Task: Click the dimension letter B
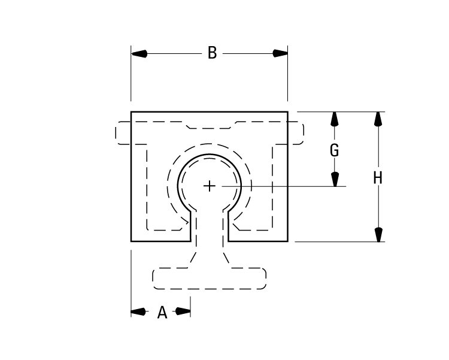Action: point(212,53)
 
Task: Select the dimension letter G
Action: point(335,150)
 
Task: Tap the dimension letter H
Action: point(377,177)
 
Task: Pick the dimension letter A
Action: point(162,312)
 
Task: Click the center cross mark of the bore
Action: point(210,186)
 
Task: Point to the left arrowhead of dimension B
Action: point(139,53)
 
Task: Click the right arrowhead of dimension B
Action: point(280,53)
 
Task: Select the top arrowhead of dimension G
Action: point(335,119)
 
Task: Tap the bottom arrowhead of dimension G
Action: point(335,179)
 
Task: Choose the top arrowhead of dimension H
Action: point(377,119)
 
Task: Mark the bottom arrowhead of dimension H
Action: point(377,234)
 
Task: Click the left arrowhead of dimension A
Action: point(139,311)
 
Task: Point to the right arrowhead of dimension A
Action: point(183,311)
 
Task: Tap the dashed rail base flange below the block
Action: point(210,279)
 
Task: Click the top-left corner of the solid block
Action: point(132,112)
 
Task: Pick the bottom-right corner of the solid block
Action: point(287,241)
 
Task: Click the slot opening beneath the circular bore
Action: point(210,228)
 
